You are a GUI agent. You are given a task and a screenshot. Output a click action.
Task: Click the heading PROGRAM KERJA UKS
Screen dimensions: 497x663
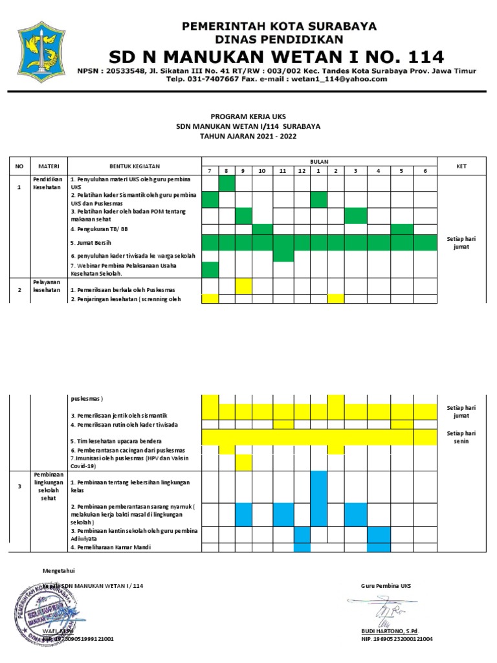coord(248,116)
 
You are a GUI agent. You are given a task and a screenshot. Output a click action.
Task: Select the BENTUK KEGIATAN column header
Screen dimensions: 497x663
coord(135,166)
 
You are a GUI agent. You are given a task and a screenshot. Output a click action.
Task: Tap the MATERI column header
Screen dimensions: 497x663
coord(49,166)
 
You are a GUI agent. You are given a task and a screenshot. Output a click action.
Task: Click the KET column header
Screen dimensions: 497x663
coord(461,166)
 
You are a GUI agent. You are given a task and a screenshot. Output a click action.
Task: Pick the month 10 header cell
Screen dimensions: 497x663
coord(262,171)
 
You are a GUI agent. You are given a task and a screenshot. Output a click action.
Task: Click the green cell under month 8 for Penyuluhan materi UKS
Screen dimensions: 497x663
coord(227,183)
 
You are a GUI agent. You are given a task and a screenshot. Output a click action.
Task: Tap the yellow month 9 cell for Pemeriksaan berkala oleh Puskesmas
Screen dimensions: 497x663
coord(243,286)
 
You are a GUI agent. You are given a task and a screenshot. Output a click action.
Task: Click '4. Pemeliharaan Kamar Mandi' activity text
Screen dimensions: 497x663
coord(111,548)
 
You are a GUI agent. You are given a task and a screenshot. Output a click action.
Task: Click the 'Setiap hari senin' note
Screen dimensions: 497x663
coord(461,437)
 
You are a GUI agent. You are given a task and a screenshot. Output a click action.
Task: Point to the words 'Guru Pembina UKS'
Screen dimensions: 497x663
coord(386,586)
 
